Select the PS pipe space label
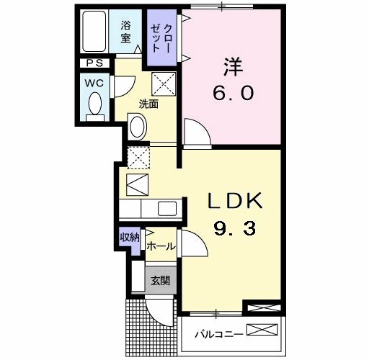coord(94,63)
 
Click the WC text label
coord(94,82)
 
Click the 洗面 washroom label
coord(148,104)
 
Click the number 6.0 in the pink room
coord(232,94)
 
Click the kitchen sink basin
coord(166,208)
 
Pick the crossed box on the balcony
coord(262,331)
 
